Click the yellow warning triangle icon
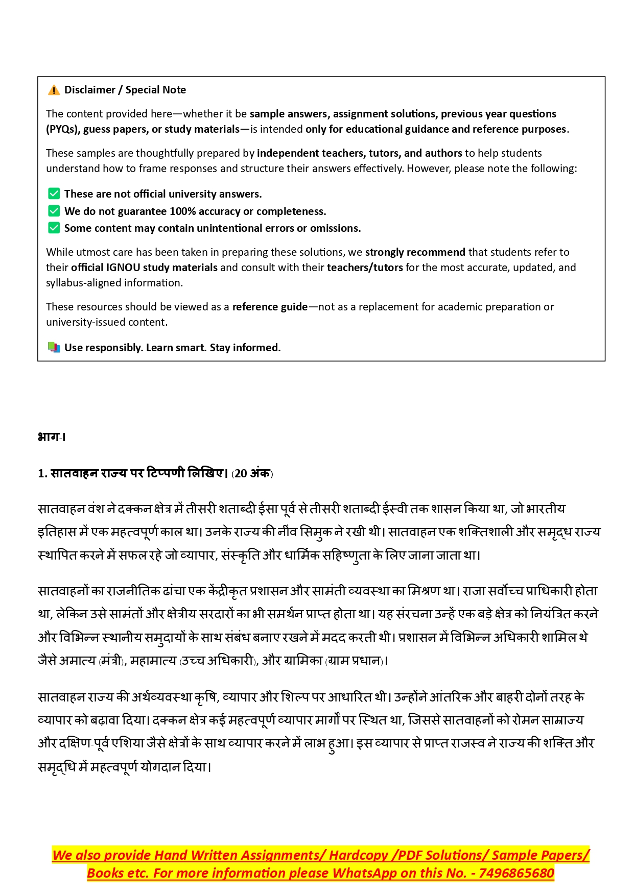coord(54,90)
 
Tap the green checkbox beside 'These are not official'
coord(54,194)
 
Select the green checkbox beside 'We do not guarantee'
coord(54,211)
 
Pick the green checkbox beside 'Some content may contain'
coord(54,228)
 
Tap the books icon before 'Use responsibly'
coord(54,348)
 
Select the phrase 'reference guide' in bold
coord(270,307)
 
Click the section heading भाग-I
coord(52,437)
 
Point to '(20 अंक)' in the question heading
coord(252,473)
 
